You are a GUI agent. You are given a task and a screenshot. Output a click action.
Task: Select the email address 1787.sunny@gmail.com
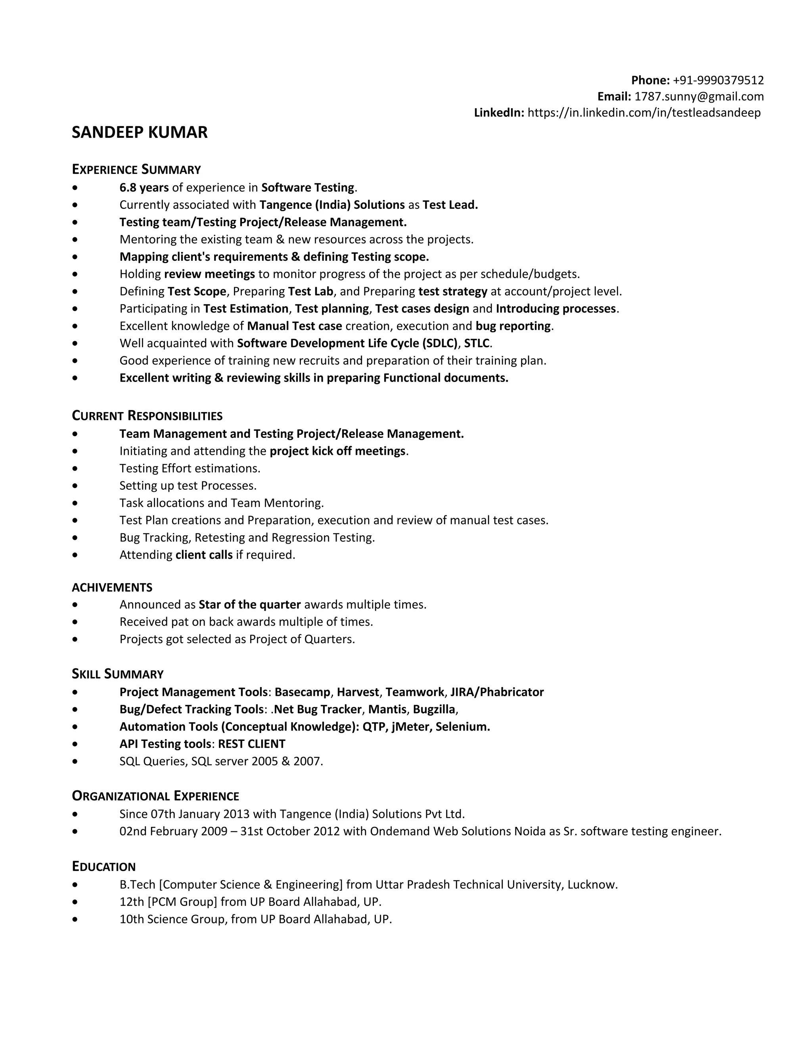pyautogui.click(x=699, y=97)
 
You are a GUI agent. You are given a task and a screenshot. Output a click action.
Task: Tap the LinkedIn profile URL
pyautogui.click(x=643, y=113)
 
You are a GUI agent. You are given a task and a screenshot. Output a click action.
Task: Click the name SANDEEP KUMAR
pyautogui.click(x=140, y=132)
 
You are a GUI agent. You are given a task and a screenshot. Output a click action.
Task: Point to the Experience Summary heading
pyautogui.click(x=136, y=169)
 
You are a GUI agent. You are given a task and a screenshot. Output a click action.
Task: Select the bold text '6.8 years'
pyautogui.click(x=144, y=187)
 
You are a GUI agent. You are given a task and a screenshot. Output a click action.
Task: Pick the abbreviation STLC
pyautogui.click(x=476, y=343)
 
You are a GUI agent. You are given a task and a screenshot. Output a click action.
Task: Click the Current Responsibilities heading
pyautogui.click(x=147, y=416)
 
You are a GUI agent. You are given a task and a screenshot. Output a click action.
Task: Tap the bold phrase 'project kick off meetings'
pyautogui.click(x=338, y=451)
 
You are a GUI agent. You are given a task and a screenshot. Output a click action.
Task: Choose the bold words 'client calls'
pyautogui.click(x=204, y=555)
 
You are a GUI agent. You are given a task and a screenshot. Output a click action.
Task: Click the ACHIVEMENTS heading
pyautogui.click(x=112, y=588)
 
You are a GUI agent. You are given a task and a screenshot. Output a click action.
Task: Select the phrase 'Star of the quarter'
pyautogui.click(x=250, y=604)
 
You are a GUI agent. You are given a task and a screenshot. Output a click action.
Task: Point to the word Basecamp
pyautogui.click(x=303, y=692)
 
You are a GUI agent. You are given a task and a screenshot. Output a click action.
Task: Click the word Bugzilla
pyautogui.click(x=434, y=709)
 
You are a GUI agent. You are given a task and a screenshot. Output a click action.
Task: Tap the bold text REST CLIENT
pyautogui.click(x=252, y=744)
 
